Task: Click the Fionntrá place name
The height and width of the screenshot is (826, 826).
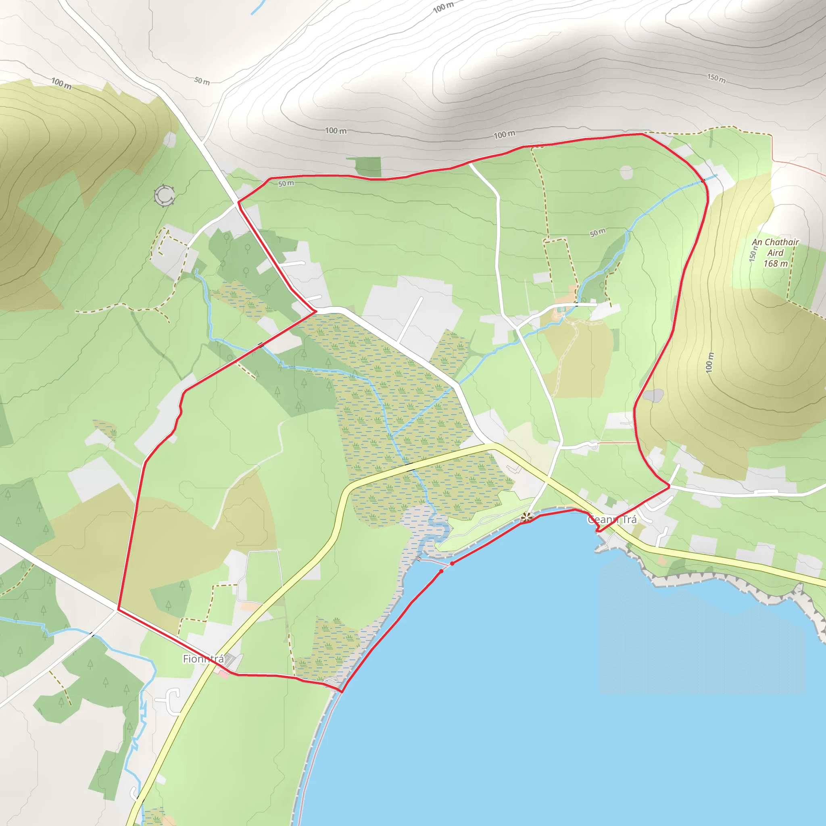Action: pyautogui.click(x=203, y=659)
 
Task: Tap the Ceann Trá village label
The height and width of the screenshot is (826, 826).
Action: pyautogui.click(x=612, y=520)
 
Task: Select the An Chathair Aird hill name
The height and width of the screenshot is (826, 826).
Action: pyautogui.click(x=775, y=248)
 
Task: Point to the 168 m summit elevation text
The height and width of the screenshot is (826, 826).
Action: pyautogui.click(x=776, y=264)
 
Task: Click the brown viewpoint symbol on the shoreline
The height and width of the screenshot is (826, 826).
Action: pyautogui.click(x=526, y=518)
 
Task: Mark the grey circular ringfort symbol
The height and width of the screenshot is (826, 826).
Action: pyautogui.click(x=164, y=196)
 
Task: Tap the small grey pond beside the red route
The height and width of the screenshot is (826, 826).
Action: pyautogui.click(x=653, y=396)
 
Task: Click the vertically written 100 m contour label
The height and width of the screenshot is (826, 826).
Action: pyautogui.click(x=710, y=362)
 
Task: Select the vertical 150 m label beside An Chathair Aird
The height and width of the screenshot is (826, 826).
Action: pyautogui.click(x=753, y=254)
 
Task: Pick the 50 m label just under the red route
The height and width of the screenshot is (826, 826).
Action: pyautogui.click(x=286, y=184)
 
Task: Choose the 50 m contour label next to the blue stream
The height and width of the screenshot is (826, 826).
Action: pyautogui.click(x=597, y=233)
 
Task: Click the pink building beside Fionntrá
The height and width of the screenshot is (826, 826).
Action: pyautogui.click(x=222, y=672)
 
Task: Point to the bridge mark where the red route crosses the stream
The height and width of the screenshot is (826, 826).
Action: pyautogui.click(x=261, y=344)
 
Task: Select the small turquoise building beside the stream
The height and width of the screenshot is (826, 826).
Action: pyautogui.click(x=561, y=309)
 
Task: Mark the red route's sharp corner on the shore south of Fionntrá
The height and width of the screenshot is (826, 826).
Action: pyautogui.click(x=342, y=691)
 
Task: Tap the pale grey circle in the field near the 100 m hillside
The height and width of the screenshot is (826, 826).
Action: pyautogui.click(x=626, y=173)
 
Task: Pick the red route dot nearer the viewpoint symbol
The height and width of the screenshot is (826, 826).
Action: pyautogui.click(x=453, y=563)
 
